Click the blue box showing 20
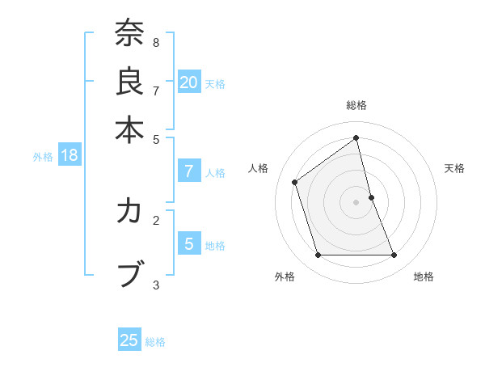189,82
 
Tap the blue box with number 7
189,171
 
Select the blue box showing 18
70,156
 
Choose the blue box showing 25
129,340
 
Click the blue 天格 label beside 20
215,83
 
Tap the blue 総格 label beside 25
155,342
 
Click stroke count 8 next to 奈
155,43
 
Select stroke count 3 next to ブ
155,285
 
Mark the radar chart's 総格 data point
356,138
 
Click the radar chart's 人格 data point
295,182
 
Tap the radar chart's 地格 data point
394,255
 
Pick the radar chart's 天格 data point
371,197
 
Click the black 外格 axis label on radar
285,277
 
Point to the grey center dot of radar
356,202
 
